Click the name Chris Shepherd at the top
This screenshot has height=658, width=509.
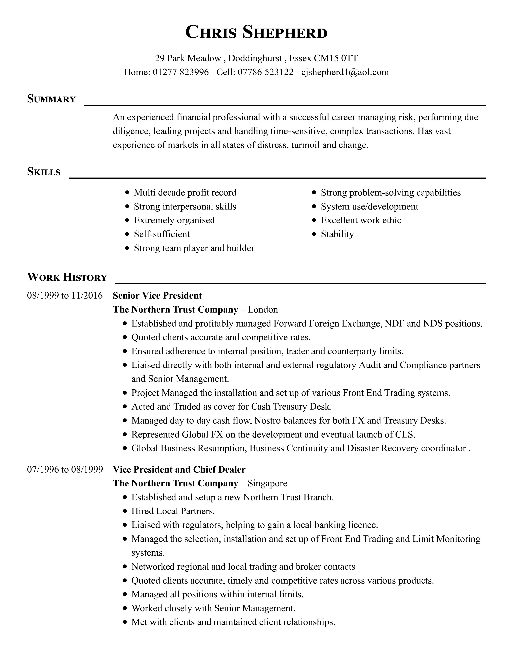pos(256,32)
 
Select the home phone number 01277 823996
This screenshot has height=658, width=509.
pos(181,72)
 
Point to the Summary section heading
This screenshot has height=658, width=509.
pos(51,99)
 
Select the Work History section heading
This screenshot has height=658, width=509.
pos(67,277)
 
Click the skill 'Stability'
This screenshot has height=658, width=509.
pos(337,234)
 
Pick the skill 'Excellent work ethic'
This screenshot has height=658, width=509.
pos(361,220)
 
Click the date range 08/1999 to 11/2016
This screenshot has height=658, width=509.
pos(65,295)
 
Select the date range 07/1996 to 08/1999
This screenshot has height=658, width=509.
pos(65,469)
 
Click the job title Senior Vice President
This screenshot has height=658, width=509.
pos(157,295)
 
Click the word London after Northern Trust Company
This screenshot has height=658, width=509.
pos(263,309)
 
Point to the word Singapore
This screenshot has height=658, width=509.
pos(267,483)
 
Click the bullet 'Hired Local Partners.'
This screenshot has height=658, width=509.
pos(173,511)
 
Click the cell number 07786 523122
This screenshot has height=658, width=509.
pos(265,72)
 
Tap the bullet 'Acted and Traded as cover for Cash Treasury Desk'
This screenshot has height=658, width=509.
pos(231,406)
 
